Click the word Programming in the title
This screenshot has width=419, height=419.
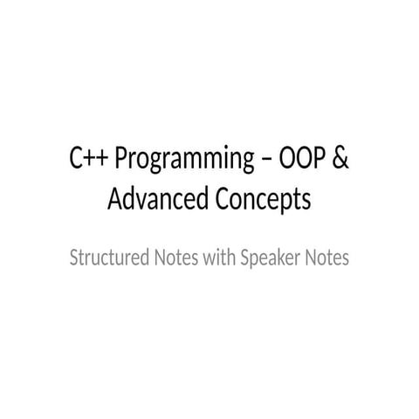(x=184, y=159)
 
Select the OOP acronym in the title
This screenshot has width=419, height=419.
(x=302, y=157)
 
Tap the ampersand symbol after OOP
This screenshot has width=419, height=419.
(x=340, y=157)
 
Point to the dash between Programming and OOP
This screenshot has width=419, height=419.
(x=266, y=161)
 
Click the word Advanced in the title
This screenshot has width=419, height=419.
(x=158, y=198)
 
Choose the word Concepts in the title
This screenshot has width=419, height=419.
(x=263, y=201)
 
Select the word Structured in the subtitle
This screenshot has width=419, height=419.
(x=109, y=258)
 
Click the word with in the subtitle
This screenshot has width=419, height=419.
(x=219, y=257)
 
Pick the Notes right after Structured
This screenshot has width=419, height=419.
(x=176, y=258)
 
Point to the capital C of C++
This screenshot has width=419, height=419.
(x=76, y=158)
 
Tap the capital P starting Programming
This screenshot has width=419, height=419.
(x=121, y=158)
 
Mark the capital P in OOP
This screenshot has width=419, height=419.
(x=319, y=158)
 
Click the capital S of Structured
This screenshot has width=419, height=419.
(x=74, y=258)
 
